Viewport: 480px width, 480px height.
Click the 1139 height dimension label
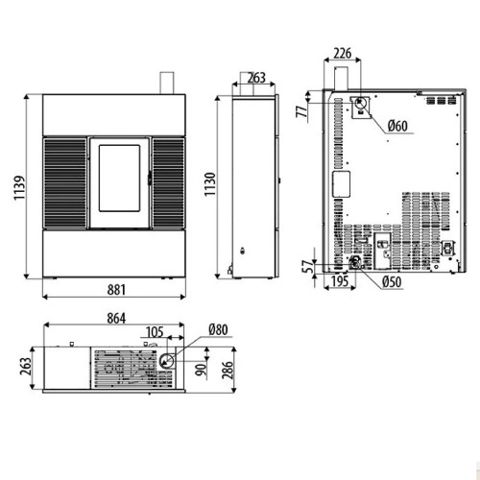[19, 187]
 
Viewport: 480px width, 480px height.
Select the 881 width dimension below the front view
[116, 290]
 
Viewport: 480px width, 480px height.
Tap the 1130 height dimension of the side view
[210, 184]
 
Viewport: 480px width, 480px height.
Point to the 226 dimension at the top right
[343, 53]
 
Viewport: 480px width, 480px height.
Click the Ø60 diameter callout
[397, 126]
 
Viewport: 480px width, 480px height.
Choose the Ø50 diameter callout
[392, 282]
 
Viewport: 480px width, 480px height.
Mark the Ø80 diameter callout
[218, 329]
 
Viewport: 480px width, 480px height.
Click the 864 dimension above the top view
[116, 319]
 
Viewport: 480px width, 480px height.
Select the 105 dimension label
[155, 332]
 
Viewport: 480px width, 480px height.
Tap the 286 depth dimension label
[228, 370]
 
